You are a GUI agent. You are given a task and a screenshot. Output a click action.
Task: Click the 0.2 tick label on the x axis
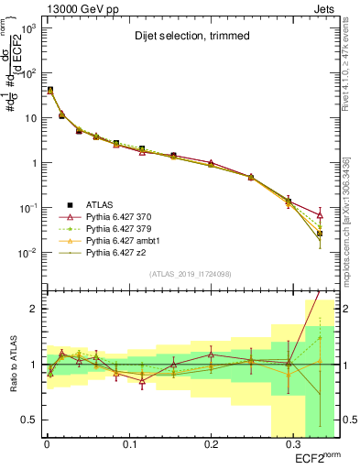[211, 444]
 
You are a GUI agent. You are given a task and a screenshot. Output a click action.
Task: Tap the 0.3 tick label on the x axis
[292, 444]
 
